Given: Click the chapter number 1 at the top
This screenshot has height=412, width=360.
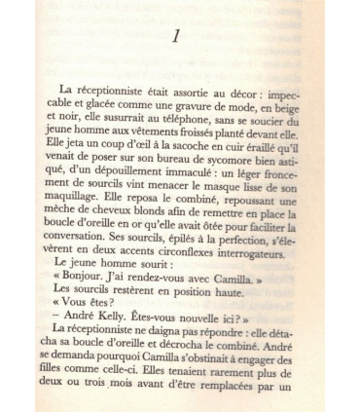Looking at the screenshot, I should (x=175, y=38).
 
